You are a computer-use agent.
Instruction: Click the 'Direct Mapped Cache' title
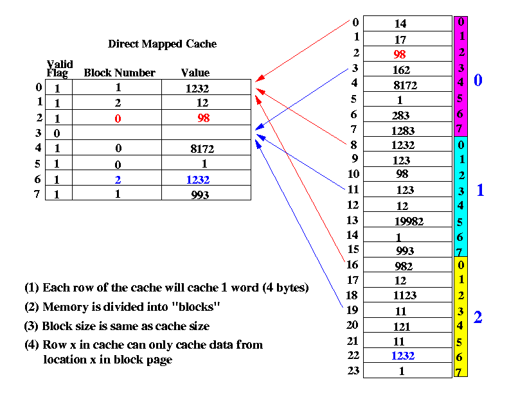(x=162, y=44)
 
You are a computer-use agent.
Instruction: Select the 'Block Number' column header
(x=120, y=73)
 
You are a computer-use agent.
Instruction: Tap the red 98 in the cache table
(x=204, y=118)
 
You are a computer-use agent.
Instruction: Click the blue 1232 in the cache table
(x=198, y=180)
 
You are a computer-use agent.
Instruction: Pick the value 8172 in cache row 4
(x=202, y=149)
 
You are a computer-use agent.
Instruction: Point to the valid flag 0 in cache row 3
(x=57, y=134)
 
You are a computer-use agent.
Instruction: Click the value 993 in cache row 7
(x=200, y=195)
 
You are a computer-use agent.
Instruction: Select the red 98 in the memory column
(x=400, y=55)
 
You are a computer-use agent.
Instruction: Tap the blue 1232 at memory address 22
(x=403, y=356)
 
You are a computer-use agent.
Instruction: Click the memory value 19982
(x=409, y=222)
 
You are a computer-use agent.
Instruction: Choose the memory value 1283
(x=403, y=130)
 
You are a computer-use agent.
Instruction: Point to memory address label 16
(x=352, y=265)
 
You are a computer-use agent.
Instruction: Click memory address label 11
(x=353, y=189)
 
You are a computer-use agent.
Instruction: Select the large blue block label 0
(x=478, y=80)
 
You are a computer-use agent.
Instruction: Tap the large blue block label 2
(x=478, y=317)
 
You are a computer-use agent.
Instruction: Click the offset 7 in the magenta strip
(x=459, y=128)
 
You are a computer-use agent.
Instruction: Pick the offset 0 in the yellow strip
(x=461, y=265)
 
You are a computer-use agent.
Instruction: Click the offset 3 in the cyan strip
(x=461, y=191)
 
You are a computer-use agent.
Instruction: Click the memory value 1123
(x=404, y=295)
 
